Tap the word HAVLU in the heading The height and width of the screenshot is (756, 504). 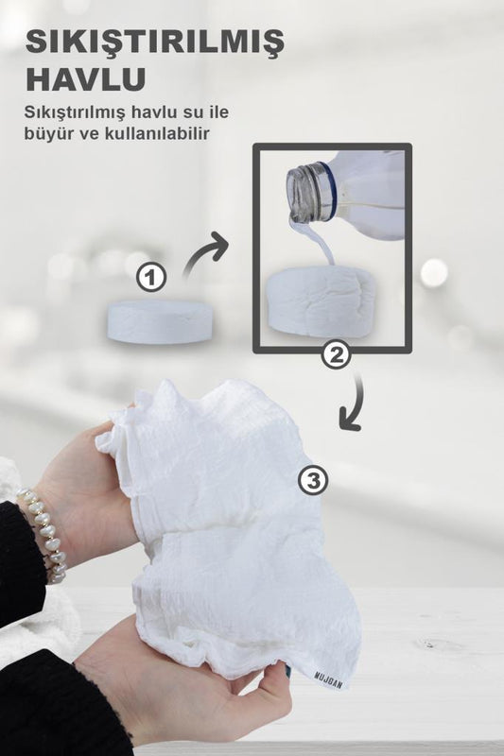85,79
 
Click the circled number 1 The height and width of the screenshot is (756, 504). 151,278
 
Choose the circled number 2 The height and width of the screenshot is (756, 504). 337,355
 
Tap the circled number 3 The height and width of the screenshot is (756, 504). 314,480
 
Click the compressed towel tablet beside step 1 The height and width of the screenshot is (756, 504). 160,321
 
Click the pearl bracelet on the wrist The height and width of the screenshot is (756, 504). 43,534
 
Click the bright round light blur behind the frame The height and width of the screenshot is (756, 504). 434,272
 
